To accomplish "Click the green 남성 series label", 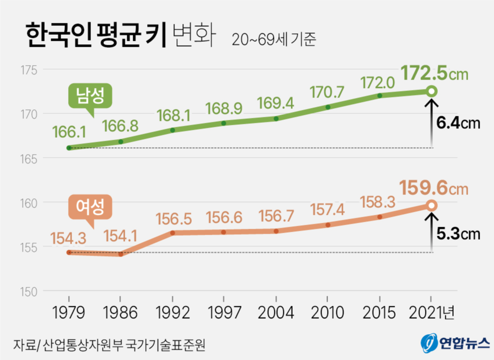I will (90, 96).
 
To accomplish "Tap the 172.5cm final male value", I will (434, 73).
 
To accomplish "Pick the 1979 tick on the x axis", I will (69, 313).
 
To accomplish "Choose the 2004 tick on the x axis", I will (275, 313).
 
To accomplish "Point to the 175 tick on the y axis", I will (29, 70).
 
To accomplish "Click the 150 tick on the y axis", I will (29, 291).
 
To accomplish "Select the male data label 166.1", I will (69, 132).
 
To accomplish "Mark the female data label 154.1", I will (120, 238).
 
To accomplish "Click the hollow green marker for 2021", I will (432, 91).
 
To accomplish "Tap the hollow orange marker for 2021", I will (432, 205).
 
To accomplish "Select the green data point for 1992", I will (172, 130).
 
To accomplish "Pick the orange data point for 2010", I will (328, 225).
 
